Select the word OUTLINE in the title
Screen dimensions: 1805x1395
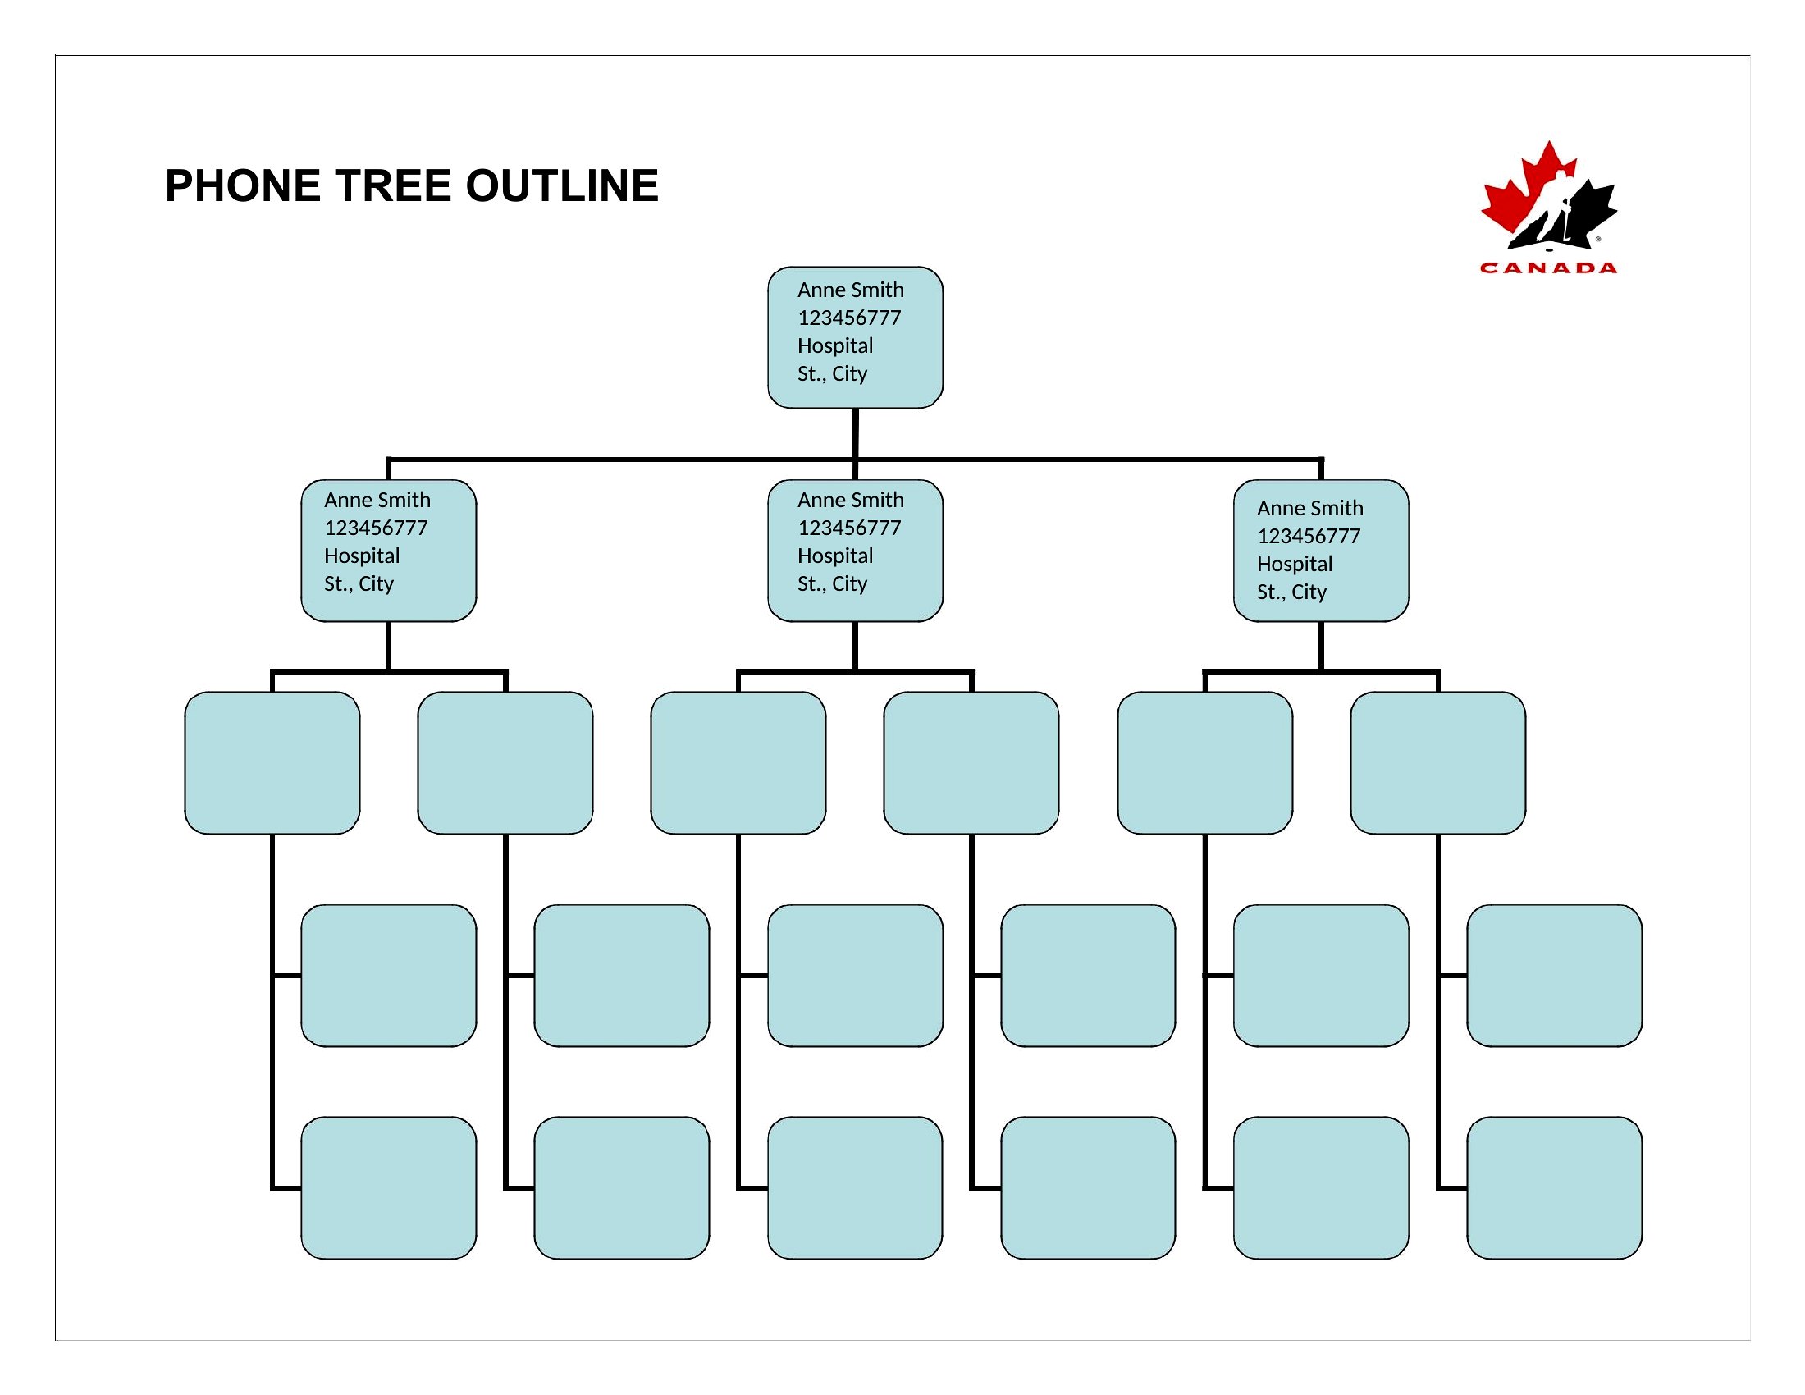562,185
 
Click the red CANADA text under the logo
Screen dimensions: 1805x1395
1548,268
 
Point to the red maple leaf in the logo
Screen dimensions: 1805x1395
1520,194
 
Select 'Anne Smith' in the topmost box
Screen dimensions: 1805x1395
851,290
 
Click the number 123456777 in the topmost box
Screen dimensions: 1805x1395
849,318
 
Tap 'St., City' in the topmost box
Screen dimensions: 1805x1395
832,373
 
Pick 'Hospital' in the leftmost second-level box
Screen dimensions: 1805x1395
362,556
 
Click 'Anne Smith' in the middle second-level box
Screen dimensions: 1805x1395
851,500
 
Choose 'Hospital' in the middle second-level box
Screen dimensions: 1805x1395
835,556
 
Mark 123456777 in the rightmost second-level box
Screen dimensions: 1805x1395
1309,537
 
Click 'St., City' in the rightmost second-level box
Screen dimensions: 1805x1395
1291,592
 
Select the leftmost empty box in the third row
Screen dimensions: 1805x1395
272,763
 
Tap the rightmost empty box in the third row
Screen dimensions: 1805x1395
1438,763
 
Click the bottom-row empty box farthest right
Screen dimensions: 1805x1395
1555,1187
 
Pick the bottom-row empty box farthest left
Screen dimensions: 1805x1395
388,1187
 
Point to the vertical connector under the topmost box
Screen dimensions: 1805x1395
856,433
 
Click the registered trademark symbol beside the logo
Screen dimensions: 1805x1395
1597,239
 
